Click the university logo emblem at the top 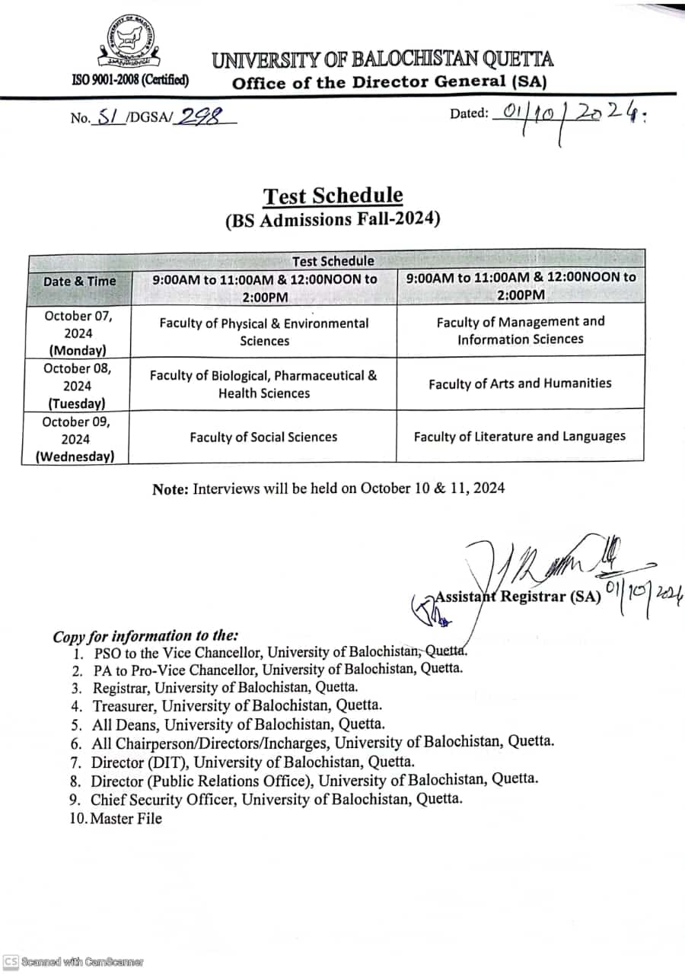coord(129,42)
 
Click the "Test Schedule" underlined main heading coord(333,196)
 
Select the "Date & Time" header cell coord(80,281)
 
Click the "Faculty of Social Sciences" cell coord(263,437)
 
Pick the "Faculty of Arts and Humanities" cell coord(520,384)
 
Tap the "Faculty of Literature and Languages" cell coord(520,436)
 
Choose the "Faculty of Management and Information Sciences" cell coord(520,330)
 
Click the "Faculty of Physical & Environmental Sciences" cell coord(263,332)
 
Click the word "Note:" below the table coord(170,489)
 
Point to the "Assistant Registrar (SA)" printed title coord(518,597)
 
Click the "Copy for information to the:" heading coord(145,636)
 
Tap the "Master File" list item coord(126,819)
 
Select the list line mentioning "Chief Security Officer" coord(276,799)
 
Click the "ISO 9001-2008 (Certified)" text coord(130,79)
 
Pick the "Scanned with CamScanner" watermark coord(74,962)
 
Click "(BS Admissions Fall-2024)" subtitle coord(333,219)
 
